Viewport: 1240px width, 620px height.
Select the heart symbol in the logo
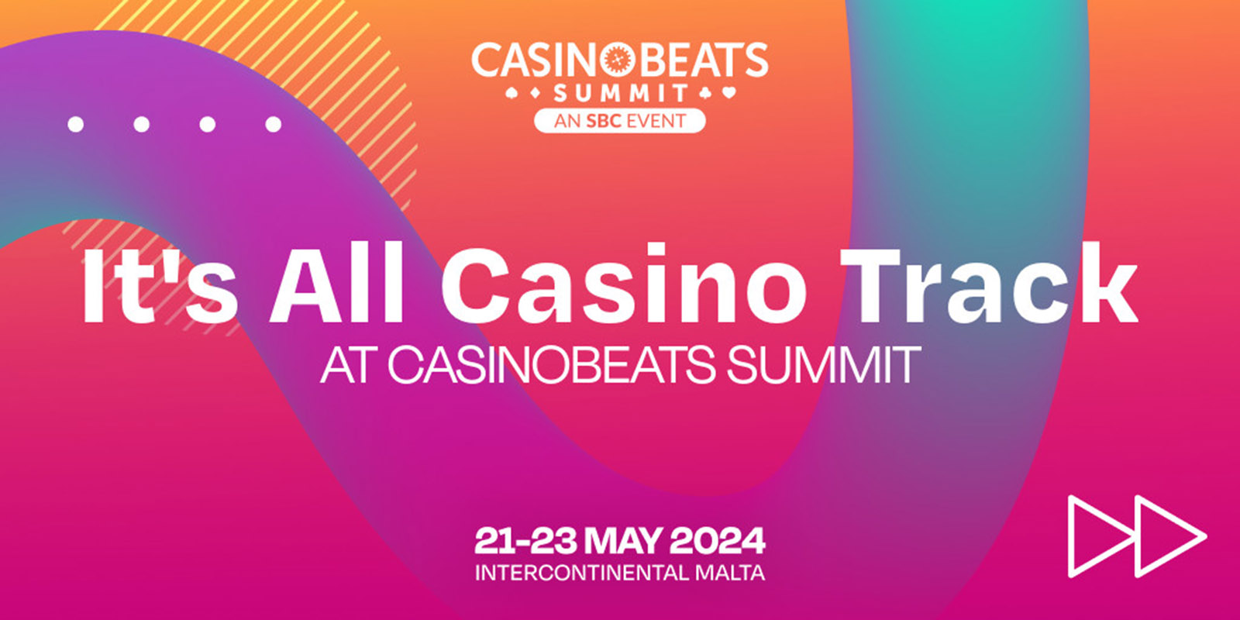[729, 94]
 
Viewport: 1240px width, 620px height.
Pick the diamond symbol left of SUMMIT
[536, 95]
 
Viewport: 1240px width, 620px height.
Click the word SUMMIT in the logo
[621, 94]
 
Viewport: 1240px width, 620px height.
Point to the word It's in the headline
[159, 284]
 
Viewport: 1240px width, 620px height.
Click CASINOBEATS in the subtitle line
[550, 364]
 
